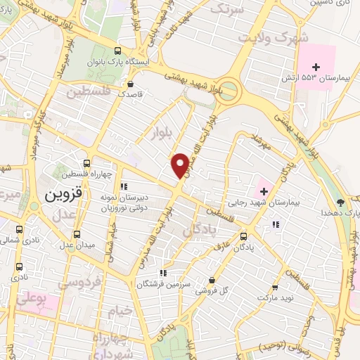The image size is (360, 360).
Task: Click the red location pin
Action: (181, 165)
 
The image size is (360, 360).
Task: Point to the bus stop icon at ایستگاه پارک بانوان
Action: (117, 49)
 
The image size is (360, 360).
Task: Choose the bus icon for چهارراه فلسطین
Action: (87, 162)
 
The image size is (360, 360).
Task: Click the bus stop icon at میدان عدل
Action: (77, 234)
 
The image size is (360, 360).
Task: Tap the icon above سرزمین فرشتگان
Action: (163, 273)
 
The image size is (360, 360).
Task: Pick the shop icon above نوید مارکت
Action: (275, 288)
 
